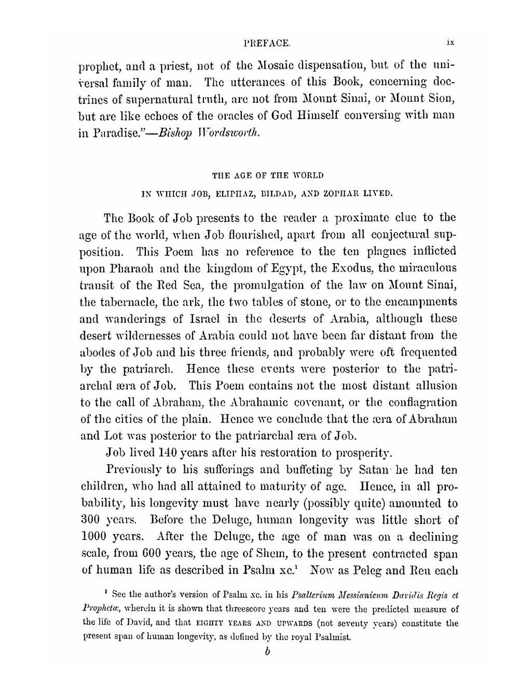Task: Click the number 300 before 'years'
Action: [92, 520]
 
